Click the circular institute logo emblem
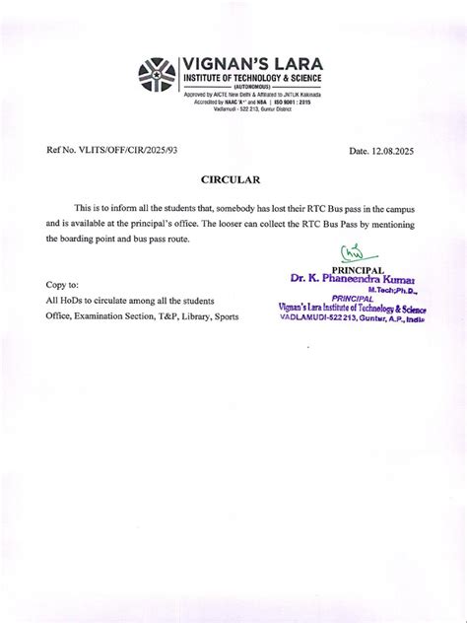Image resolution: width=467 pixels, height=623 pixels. coord(156,76)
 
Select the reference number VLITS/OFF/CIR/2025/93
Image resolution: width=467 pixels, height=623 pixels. coord(125,150)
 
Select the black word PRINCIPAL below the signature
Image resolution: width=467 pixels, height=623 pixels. coord(359,270)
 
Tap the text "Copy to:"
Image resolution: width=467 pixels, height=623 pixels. coord(62,284)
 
